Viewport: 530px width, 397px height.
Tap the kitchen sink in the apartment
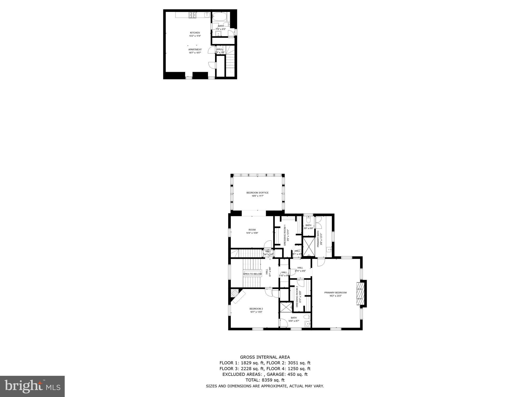207,15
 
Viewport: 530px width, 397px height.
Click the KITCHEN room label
195,33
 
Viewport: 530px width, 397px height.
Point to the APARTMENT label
195,49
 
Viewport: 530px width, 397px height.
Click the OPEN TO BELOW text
252,274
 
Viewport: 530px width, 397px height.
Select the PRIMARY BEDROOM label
335,293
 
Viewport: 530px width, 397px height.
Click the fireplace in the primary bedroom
360,294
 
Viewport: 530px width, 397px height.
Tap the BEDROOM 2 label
256,309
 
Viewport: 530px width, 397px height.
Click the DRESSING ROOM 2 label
297,296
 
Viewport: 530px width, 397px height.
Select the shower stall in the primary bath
308,246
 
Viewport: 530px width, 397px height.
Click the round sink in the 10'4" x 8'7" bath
307,323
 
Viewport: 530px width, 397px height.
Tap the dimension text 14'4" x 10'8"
252,233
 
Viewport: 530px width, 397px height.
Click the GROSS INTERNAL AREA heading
265,357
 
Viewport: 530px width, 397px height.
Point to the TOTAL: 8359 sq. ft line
265,380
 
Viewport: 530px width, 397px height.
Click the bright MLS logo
32,386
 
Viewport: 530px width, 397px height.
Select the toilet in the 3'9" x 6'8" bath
308,220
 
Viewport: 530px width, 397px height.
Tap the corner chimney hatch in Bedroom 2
234,293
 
